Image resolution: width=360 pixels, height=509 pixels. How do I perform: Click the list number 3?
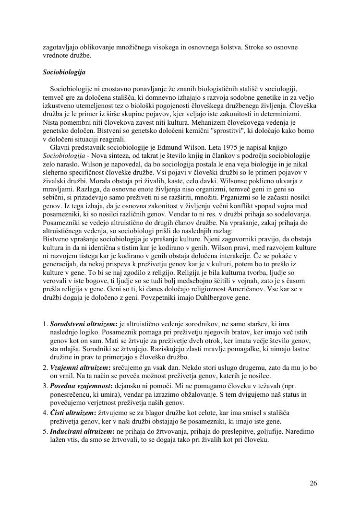[45, 386]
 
